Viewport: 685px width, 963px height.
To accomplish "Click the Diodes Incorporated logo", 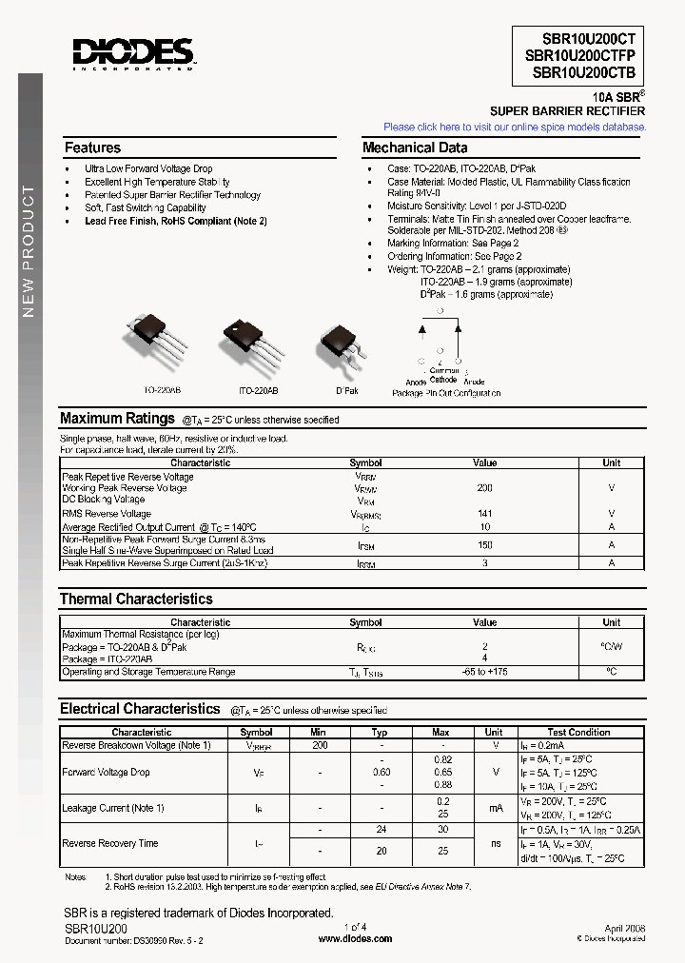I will (x=133, y=53).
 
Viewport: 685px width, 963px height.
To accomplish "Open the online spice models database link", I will (x=515, y=127).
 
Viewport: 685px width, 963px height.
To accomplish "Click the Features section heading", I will (x=92, y=147).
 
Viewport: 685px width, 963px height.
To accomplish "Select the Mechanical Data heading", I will (x=415, y=147).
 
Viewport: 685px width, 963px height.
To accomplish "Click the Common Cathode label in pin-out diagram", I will (x=443, y=374).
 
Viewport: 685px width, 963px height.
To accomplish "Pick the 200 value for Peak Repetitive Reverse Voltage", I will (x=484, y=488).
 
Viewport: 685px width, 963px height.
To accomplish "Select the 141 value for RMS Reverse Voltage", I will (x=484, y=514).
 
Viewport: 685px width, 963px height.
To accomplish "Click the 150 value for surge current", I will (x=484, y=545).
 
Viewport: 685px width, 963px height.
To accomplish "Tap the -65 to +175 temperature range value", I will (x=484, y=672).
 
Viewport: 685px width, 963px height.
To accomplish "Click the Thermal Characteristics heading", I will (x=136, y=599).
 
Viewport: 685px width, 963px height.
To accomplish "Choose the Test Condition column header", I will (x=578, y=732).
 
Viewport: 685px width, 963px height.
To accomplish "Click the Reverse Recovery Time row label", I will (x=109, y=843).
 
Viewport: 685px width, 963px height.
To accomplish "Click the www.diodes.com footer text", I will (x=355, y=938).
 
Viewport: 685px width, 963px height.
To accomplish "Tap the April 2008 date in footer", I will (x=625, y=926).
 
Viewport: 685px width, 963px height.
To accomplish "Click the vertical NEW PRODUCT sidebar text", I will (x=29, y=252).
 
